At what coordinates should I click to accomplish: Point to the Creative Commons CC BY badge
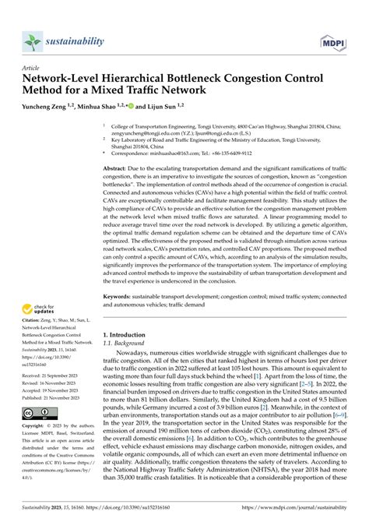pyautogui.click(x=40, y=413)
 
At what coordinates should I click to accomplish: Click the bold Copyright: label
pyautogui.click(x=36, y=427)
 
